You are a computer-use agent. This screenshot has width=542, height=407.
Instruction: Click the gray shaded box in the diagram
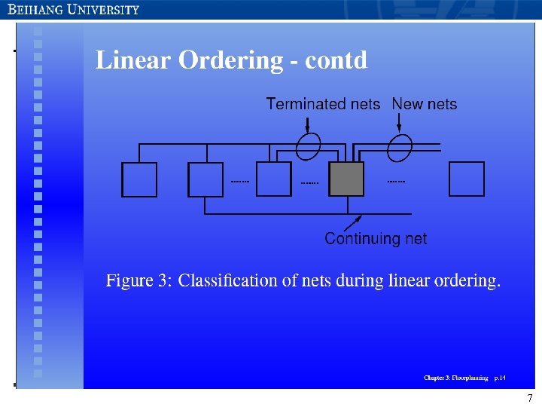347,179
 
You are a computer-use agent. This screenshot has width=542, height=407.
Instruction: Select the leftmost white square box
139,179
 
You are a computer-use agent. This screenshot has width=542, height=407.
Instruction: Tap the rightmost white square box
467,179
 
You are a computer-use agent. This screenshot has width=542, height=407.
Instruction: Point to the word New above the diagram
407,104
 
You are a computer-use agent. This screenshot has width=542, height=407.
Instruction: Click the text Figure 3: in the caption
139,281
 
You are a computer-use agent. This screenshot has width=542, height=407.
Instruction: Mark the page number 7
530,398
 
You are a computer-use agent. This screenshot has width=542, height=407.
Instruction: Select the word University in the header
104,10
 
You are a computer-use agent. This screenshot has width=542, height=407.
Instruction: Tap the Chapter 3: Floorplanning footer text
455,377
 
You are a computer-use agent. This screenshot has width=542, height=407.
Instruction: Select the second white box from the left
206,179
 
